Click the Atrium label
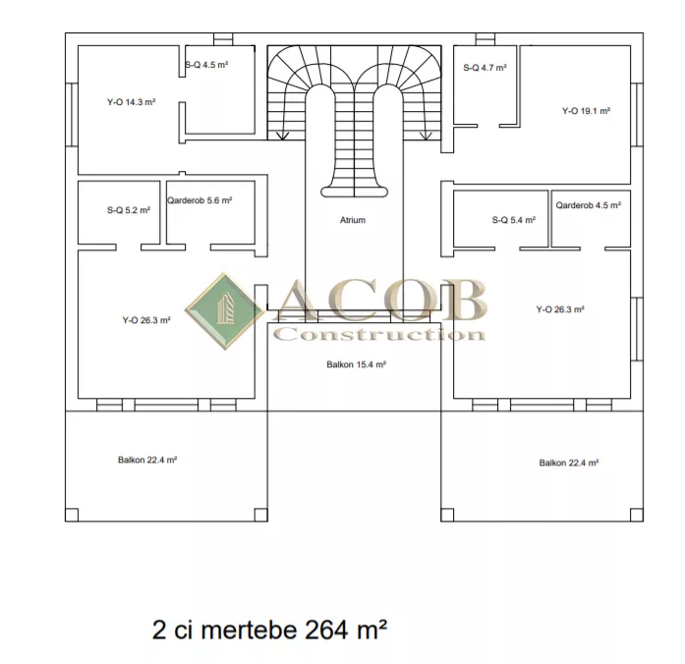(353, 220)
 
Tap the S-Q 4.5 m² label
(206, 65)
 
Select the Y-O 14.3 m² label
(132, 102)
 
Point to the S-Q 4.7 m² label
(485, 68)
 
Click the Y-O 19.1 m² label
(586, 111)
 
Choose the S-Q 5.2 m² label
(129, 210)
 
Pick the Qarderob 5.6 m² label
(200, 200)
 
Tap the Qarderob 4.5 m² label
(589, 205)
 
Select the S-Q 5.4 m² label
(514, 220)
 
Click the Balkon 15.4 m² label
(356, 364)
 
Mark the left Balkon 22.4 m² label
(147, 460)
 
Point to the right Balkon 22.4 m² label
(568, 463)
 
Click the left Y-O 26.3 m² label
(146, 320)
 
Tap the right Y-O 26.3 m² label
(560, 309)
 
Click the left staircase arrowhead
(283, 137)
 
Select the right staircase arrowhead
(426, 137)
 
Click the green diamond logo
(224, 310)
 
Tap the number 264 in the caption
(326, 630)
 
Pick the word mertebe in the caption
(249, 630)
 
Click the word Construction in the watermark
(379, 335)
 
